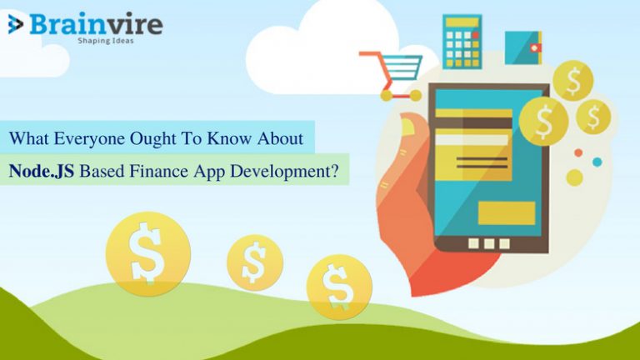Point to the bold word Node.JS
pos(42,171)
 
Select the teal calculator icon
pos(462,41)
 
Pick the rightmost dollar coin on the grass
pos(338,286)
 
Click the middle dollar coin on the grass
pos(254,262)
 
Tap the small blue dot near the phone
pos(596,162)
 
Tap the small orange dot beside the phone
pos(578,152)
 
